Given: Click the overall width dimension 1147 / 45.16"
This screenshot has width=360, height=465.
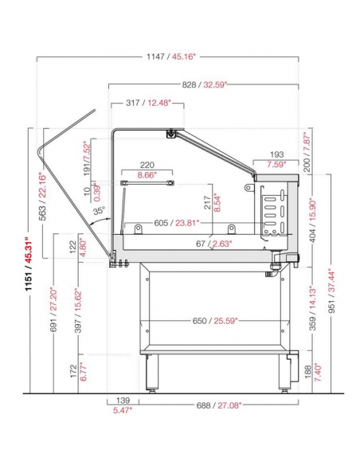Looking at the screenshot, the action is click(171, 57).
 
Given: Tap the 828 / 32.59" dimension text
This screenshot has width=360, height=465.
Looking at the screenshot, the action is click(205, 85).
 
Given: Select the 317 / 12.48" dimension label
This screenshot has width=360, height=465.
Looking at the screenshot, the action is click(149, 103).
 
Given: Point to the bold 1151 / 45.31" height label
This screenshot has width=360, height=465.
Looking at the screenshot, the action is click(29, 264).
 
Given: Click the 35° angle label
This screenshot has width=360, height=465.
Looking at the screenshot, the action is click(99, 210).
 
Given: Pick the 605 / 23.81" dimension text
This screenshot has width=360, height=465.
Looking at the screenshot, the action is click(177, 223).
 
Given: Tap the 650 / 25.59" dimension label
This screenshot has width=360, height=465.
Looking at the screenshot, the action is click(215, 321).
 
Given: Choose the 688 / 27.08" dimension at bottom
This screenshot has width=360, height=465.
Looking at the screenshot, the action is click(219, 405).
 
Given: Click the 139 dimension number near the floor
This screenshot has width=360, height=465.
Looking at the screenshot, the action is click(123, 401).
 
